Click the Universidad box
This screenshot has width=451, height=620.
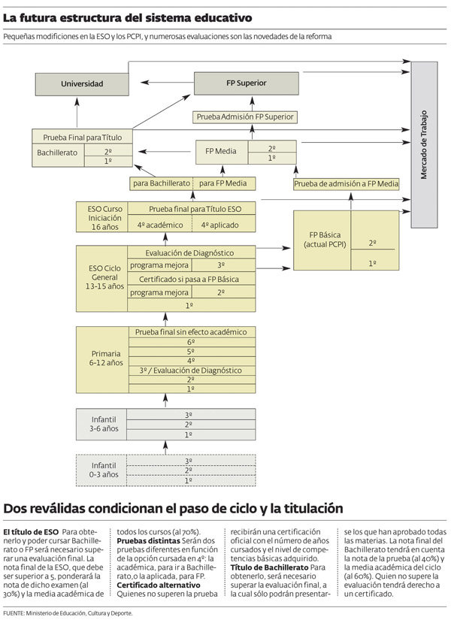[x=82, y=83]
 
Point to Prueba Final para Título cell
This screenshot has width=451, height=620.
[x=83, y=137]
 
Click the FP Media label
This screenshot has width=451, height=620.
[x=221, y=151]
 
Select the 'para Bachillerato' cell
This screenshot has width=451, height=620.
[x=161, y=183]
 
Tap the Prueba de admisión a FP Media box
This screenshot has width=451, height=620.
[x=346, y=183]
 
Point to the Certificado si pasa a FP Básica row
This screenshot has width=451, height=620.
[x=191, y=279]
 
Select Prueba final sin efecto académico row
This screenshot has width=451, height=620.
[x=191, y=331]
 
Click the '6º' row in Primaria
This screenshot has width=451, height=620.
[x=191, y=341]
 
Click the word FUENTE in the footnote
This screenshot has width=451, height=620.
[x=16, y=612]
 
